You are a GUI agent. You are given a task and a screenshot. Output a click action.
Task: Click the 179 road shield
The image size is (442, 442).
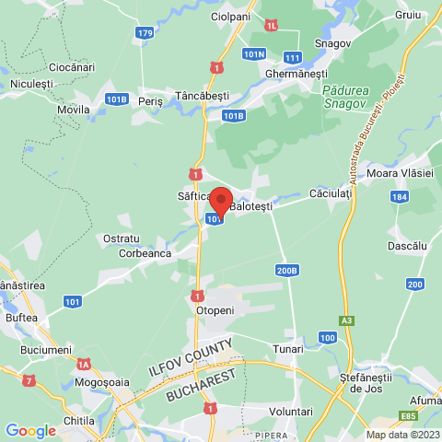pos(145,33)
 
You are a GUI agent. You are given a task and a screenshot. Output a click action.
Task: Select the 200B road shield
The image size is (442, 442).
pos(286,271)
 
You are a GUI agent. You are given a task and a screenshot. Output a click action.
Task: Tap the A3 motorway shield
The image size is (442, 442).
pos(345,320)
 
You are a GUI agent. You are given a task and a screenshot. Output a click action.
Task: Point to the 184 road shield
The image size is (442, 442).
pos(398,196)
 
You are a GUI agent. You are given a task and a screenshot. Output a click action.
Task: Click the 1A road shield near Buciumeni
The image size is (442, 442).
pos(84,364)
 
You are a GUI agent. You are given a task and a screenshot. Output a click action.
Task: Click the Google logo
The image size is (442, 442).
pos(30,430)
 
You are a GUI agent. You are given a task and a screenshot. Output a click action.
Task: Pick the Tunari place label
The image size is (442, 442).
pos(287,349)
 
